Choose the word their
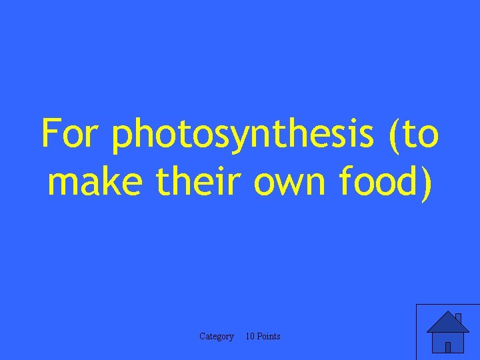coord(201,182)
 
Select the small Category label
coord(217,337)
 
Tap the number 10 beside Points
coord(250,337)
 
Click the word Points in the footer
coord(269,337)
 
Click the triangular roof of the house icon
coord(447,323)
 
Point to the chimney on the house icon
coord(458,318)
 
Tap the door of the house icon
coord(448,347)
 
